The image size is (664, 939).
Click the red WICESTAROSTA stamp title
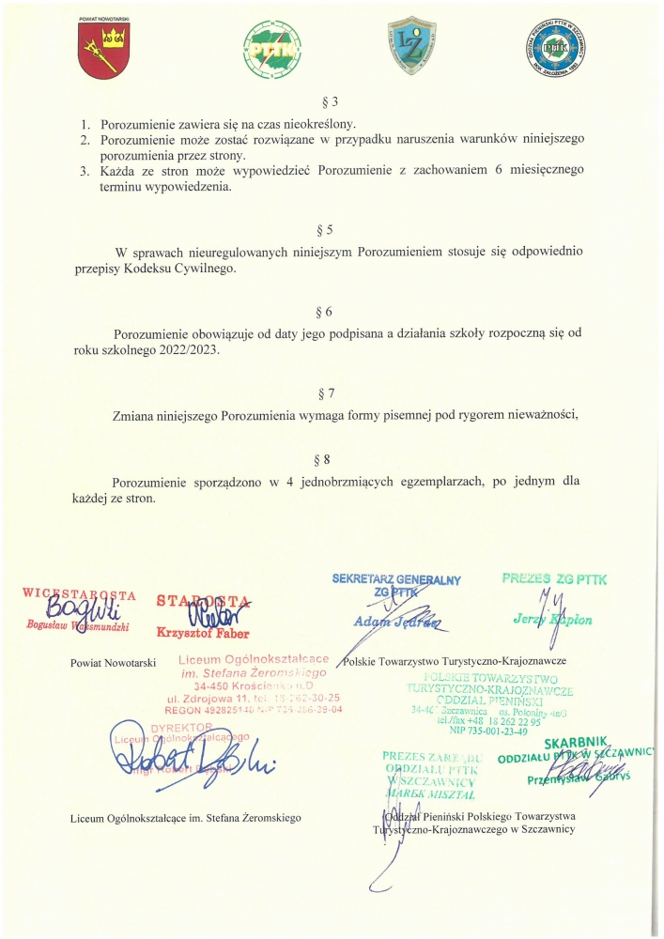point(80,594)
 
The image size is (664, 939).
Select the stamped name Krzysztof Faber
point(203,633)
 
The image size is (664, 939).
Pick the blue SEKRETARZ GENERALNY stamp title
point(396,580)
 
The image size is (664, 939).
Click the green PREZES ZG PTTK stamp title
point(554,579)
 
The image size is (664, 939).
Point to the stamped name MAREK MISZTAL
point(430,793)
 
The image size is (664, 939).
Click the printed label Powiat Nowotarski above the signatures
point(113,663)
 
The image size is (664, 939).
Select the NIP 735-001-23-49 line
point(488,731)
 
